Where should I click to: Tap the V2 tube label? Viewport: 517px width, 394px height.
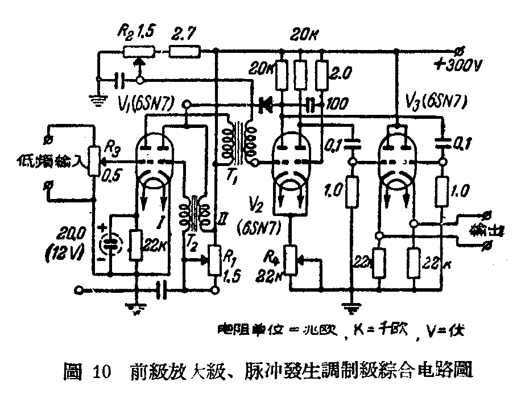(x=254, y=203)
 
